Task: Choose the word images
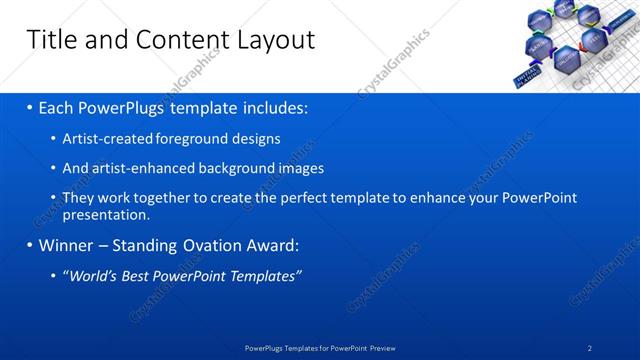pos(301,168)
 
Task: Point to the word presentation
pos(105,214)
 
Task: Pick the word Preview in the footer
pos(380,348)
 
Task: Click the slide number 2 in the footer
pos(590,348)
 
